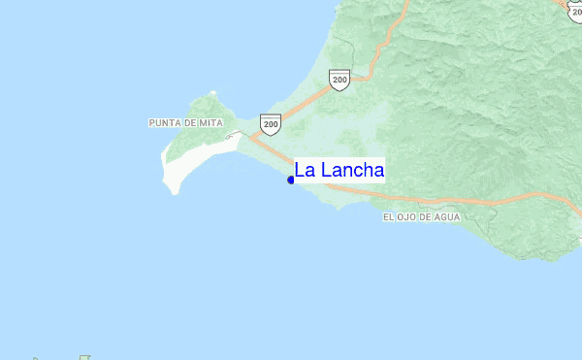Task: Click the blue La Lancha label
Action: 339,171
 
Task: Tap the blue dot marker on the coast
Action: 291,180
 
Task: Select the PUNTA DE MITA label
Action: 187,123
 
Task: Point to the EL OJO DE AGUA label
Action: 422,217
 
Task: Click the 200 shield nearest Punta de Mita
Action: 271,123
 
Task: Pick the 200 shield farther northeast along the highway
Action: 339,80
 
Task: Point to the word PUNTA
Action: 165,123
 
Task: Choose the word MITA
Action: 213,123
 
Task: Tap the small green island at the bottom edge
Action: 85,357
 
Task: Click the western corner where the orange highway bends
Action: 250,138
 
